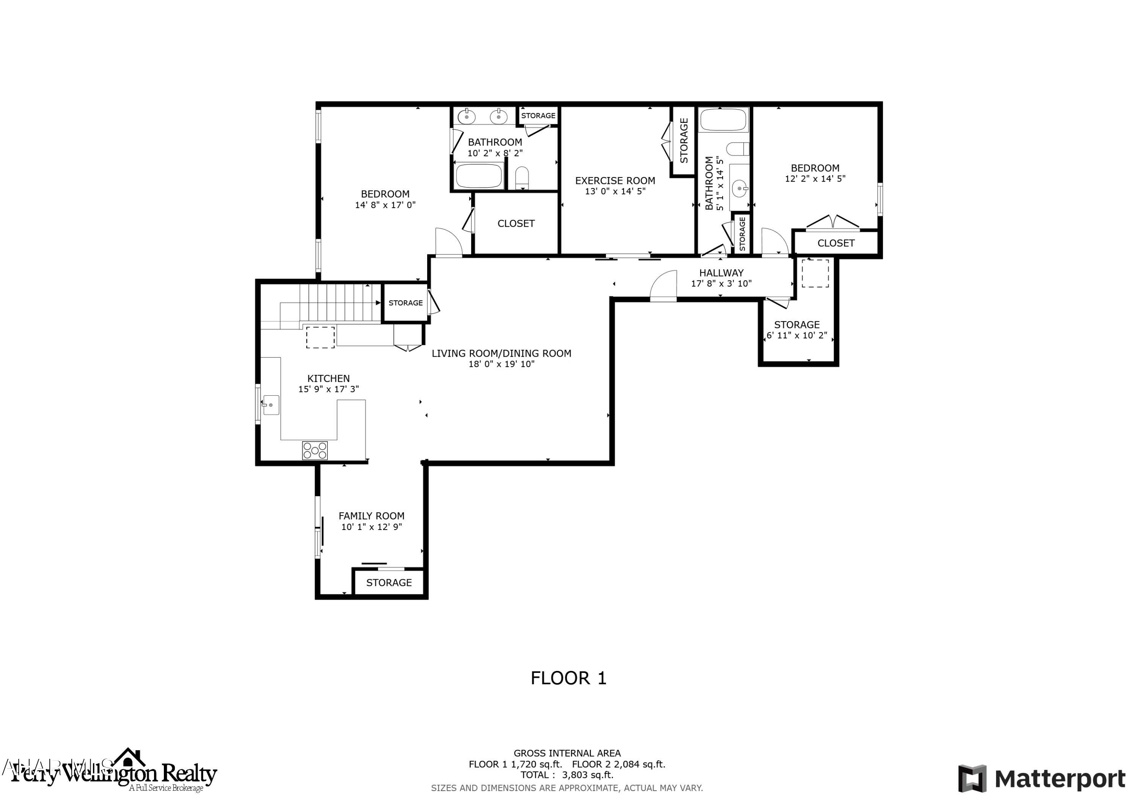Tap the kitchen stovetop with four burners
pyautogui.click(x=315, y=450)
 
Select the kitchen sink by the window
pyautogui.click(x=270, y=405)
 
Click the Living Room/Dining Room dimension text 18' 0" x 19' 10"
pyautogui.click(x=501, y=364)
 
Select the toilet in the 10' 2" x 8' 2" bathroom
pyautogui.click(x=522, y=177)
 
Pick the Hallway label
pyautogui.click(x=721, y=273)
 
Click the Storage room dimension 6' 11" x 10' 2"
pyautogui.click(x=797, y=335)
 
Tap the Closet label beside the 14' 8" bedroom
pyautogui.click(x=516, y=223)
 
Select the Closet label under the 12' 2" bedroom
pyautogui.click(x=836, y=243)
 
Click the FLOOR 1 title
pyautogui.click(x=569, y=678)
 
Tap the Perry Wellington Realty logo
pyautogui.click(x=114, y=774)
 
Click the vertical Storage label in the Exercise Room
pyautogui.click(x=684, y=141)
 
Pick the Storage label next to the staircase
pyautogui.click(x=406, y=302)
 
